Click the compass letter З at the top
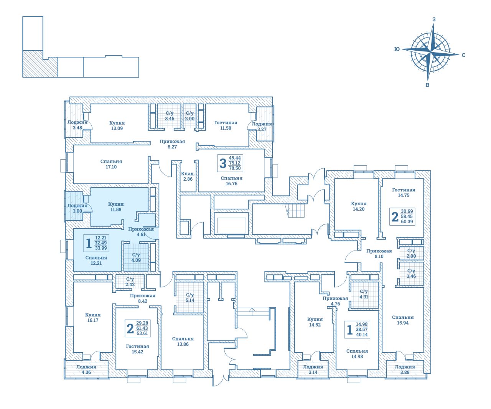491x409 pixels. coord(434,20)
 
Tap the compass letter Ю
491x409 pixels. coord(397,49)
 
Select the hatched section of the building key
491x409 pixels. coord(40,64)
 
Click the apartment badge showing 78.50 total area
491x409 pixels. coord(230,163)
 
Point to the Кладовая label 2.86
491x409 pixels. coord(188,176)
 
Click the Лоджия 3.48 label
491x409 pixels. coord(77,125)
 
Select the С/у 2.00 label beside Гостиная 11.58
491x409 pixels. coord(190,116)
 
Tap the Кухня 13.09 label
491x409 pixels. coord(117,125)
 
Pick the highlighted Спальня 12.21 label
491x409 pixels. coord(96,261)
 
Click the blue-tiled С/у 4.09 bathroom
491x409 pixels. coord(136,257)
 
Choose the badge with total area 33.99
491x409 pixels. coord(96,243)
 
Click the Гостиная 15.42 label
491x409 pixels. coord(138,349)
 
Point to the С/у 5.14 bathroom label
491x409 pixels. coord(190,297)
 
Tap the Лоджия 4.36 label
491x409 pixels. coord(86,369)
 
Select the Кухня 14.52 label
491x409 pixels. coord(315,322)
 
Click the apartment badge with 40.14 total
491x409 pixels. coord(357,330)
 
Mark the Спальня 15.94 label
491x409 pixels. coord(403,320)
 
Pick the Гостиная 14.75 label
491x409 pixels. coord(404,193)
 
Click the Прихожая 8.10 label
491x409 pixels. coord(379,254)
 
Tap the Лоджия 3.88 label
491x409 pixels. coord(405,369)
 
